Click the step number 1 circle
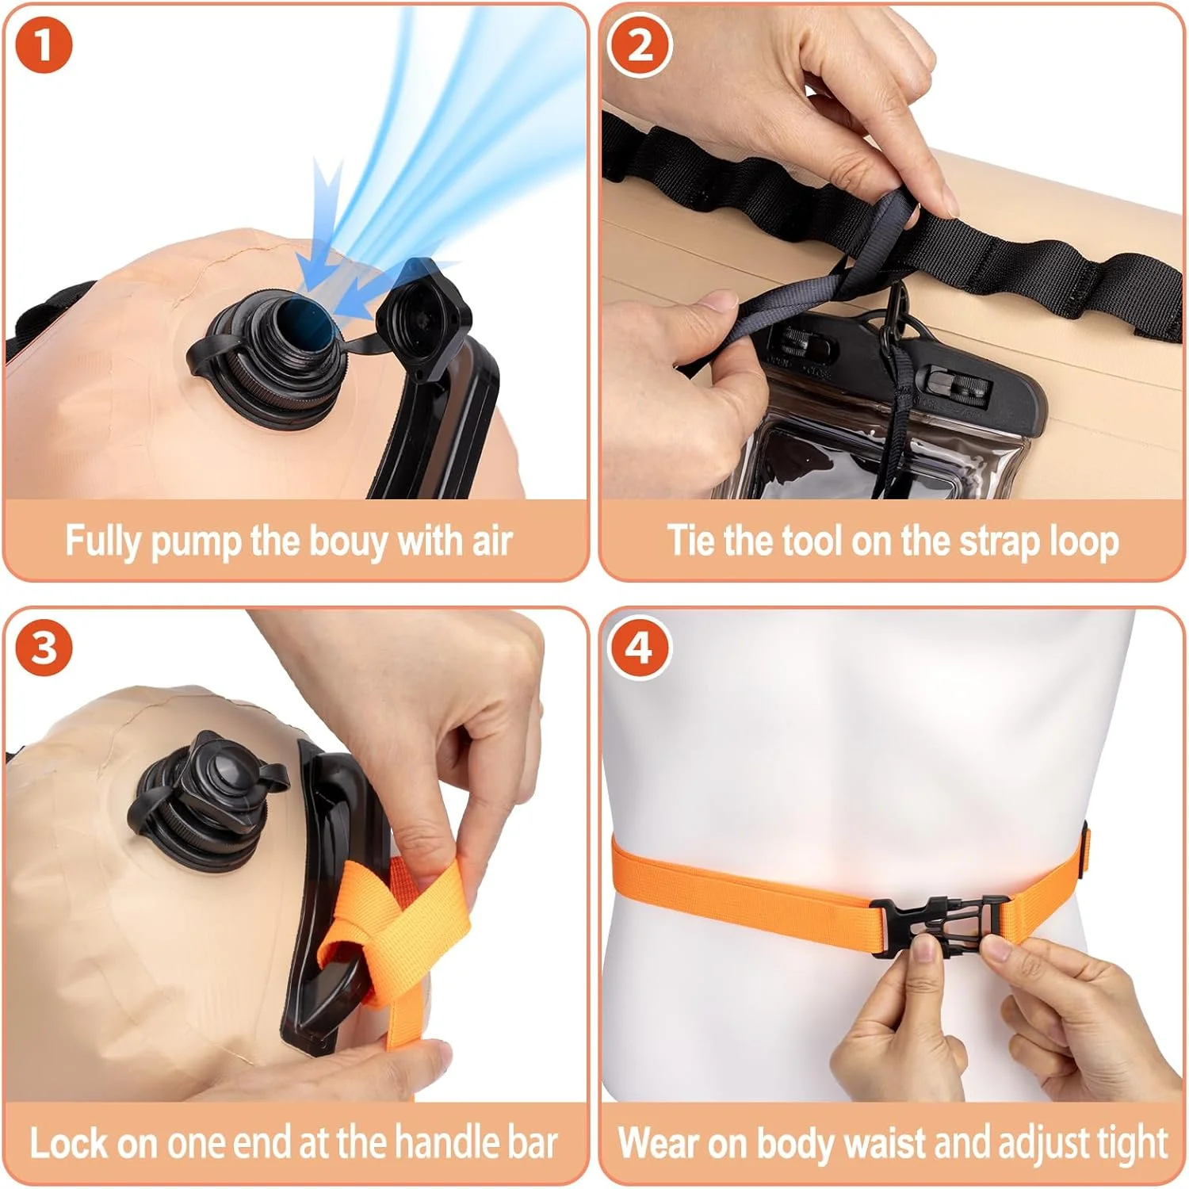(44, 44)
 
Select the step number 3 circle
(44, 648)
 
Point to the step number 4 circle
(640, 648)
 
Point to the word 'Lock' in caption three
(68, 1142)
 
